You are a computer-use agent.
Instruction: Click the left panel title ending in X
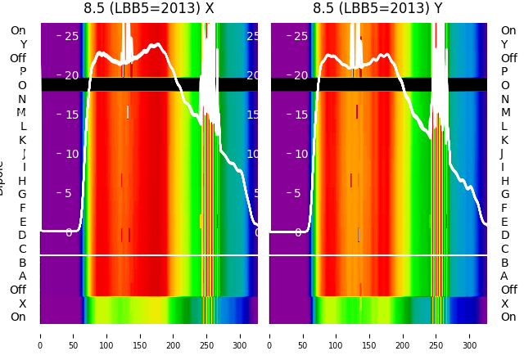click(x=149, y=8)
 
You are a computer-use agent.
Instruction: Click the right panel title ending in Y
click(x=377, y=8)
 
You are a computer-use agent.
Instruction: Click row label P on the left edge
click(x=22, y=72)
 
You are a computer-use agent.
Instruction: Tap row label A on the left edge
click(x=22, y=277)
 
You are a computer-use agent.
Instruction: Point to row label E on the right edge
click(x=504, y=222)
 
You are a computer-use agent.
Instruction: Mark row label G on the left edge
click(x=22, y=195)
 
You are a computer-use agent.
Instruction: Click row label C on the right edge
click(x=504, y=249)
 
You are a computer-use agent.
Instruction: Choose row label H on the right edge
click(x=504, y=181)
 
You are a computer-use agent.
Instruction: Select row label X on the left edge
click(x=22, y=304)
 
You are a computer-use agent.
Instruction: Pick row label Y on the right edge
click(x=504, y=44)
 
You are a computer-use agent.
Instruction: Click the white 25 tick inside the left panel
click(x=71, y=36)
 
